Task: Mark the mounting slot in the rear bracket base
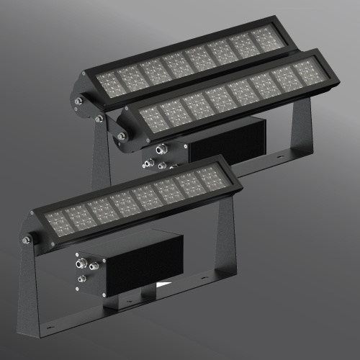(280, 154)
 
